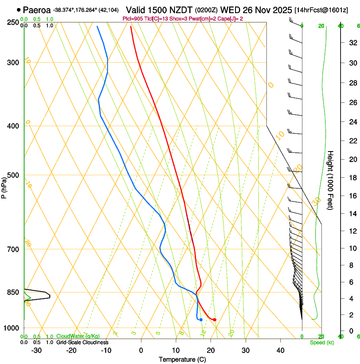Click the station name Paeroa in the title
pos(37,10)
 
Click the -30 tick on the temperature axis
pos(36,350)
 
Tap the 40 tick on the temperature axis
pos(280,350)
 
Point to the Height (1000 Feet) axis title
pos(330,180)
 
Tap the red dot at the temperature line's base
pos(215,320)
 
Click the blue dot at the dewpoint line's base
pos(201,320)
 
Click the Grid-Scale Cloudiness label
pos(82,342)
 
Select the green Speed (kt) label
pos(321,342)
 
